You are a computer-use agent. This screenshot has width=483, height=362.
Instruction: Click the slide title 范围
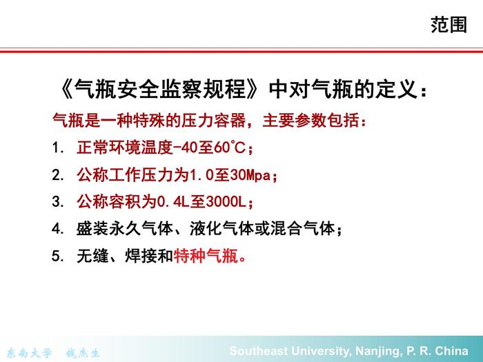(x=448, y=25)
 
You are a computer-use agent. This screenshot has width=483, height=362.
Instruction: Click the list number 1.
(x=57, y=148)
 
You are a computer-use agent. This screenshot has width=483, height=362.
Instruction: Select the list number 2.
(x=57, y=175)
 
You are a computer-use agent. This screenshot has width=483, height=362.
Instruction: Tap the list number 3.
(x=57, y=202)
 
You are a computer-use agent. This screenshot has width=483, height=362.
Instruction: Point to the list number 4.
(x=57, y=229)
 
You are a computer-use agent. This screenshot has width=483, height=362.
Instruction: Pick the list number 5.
(x=57, y=256)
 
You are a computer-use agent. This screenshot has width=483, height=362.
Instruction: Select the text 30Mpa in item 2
(x=250, y=175)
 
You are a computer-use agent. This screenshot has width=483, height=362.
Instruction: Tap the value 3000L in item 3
(x=226, y=202)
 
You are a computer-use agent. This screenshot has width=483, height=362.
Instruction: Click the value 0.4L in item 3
(x=173, y=202)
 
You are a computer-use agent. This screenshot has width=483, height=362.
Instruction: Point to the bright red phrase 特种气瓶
(x=206, y=256)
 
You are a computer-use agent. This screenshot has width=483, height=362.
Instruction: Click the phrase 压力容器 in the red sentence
(x=213, y=121)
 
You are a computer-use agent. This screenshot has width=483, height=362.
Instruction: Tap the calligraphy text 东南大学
(x=29, y=353)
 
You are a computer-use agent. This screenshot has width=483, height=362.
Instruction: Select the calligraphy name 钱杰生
(x=83, y=353)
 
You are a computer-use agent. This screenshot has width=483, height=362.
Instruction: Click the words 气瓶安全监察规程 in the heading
(x=160, y=90)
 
